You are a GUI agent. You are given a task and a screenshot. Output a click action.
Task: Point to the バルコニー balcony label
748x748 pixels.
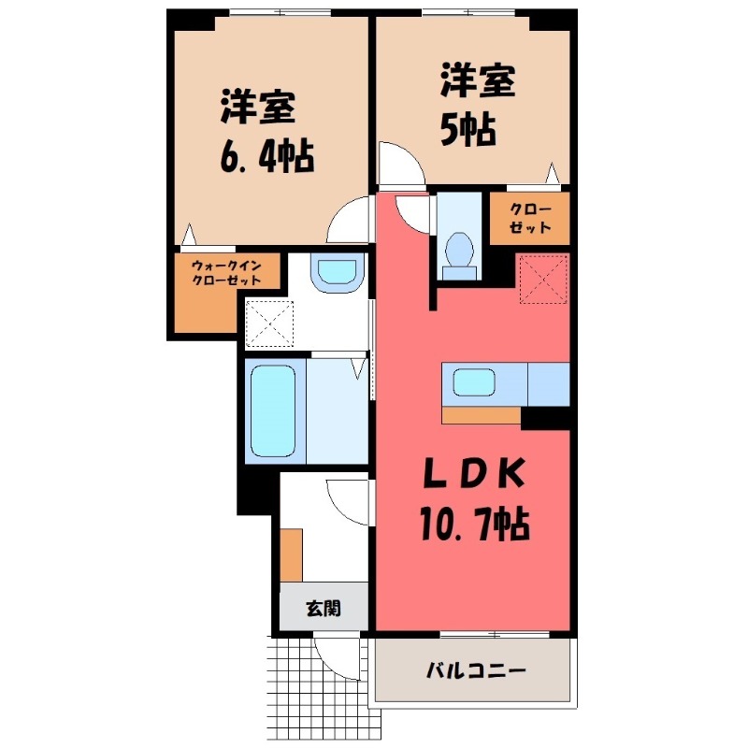(x=476, y=671)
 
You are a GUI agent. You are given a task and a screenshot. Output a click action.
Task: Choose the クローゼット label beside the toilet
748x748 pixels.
(x=530, y=218)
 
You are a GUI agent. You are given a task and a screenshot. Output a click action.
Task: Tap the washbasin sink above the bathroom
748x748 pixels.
(x=338, y=273)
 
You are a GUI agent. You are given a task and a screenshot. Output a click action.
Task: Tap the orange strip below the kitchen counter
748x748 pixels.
(x=481, y=415)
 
